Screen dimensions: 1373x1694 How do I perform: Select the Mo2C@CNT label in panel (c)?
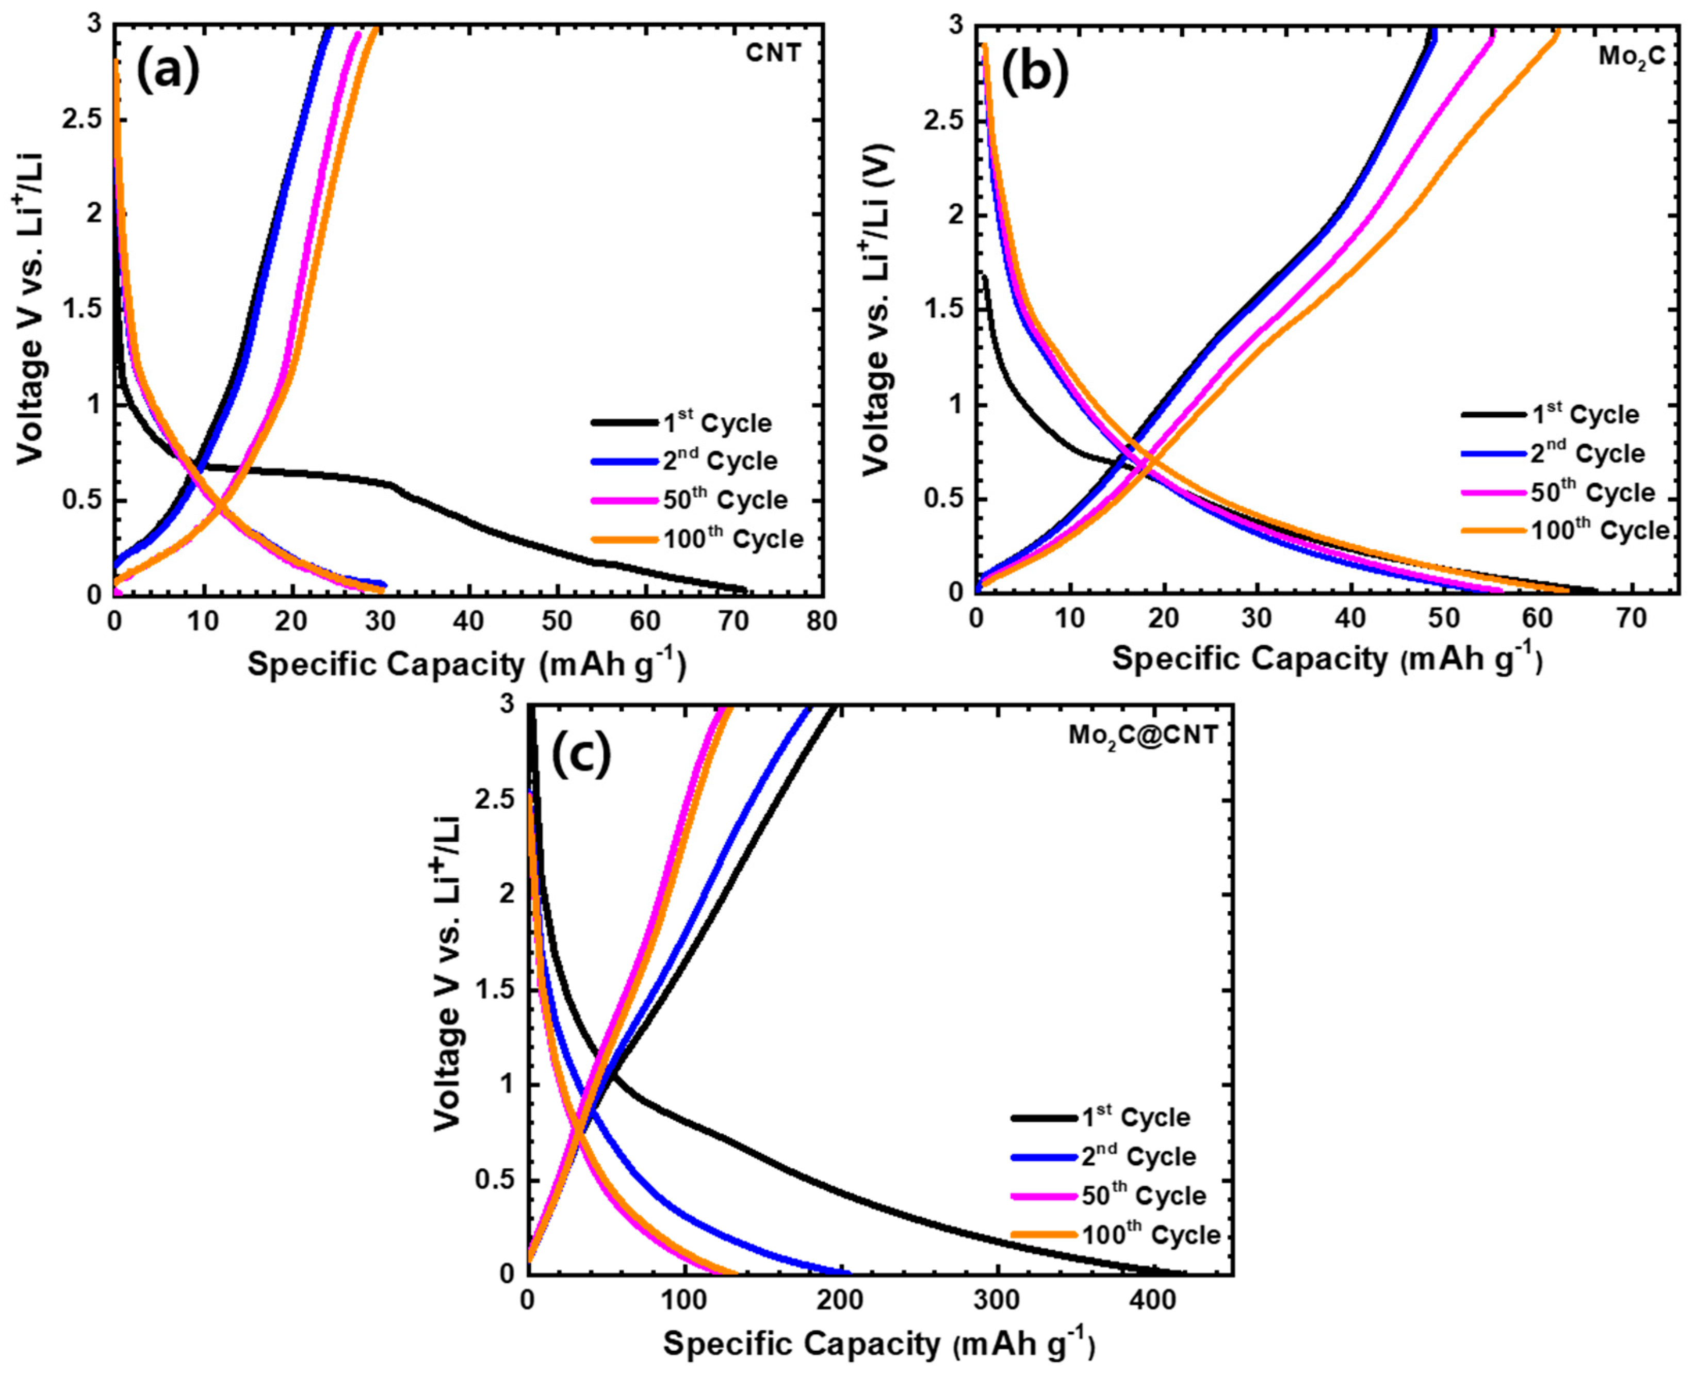1143,735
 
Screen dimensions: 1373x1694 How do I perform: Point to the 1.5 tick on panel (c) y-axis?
494,990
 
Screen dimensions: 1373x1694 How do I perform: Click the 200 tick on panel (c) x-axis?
838,1299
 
